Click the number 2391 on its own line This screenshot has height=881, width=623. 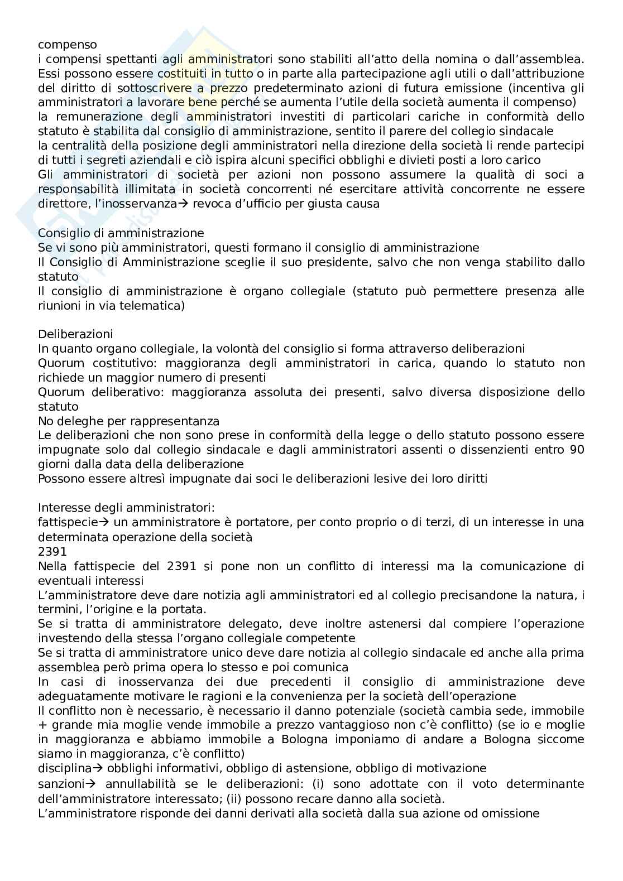52,551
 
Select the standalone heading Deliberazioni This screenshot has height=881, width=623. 75,334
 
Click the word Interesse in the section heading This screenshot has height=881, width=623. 62,508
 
